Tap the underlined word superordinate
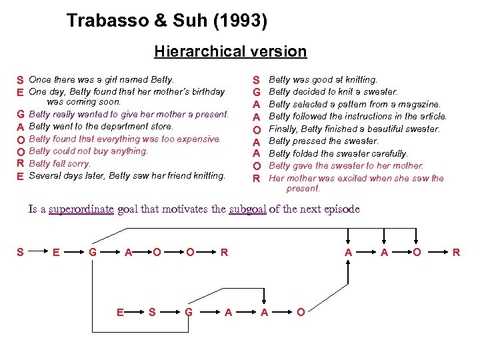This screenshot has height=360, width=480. point(81,209)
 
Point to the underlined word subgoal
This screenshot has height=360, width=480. point(247,209)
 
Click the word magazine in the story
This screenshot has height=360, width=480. point(419,104)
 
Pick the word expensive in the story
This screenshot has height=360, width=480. point(199,139)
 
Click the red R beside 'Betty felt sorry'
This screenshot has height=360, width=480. point(21,163)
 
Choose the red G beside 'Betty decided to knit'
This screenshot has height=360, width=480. point(255,92)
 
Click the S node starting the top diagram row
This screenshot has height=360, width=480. point(20,252)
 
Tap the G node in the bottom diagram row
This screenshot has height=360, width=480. point(189,312)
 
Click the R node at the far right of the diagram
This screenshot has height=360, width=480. point(456,252)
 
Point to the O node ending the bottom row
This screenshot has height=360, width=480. point(301,312)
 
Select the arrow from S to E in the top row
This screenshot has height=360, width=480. point(37,252)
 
